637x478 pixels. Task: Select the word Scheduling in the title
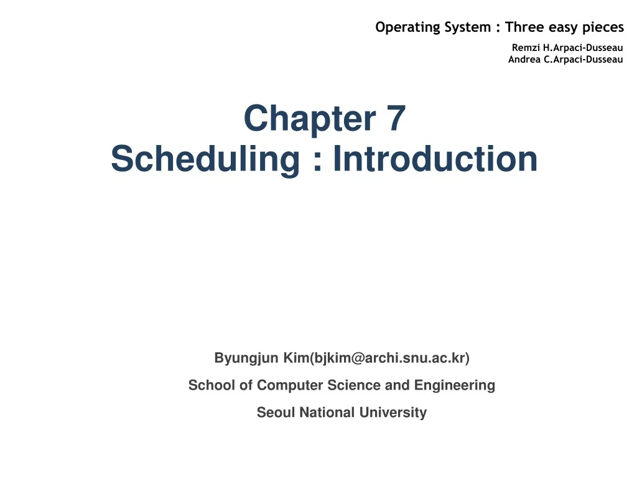pyautogui.click(x=205, y=159)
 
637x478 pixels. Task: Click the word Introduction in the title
pyautogui.click(x=435, y=159)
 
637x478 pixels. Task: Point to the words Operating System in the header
pyautogui.click(x=432, y=27)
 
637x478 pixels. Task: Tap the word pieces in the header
pyautogui.click(x=603, y=27)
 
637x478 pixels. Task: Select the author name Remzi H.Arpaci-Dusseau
pyautogui.click(x=567, y=47)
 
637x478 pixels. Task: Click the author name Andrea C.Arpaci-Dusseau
pyautogui.click(x=565, y=59)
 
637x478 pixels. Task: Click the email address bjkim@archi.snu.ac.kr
pyautogui.click(x=390, y=358)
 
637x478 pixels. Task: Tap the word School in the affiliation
pyautogui.click(x=206, y=385)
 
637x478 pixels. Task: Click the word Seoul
pyautogui.click(x=276, y=412)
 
